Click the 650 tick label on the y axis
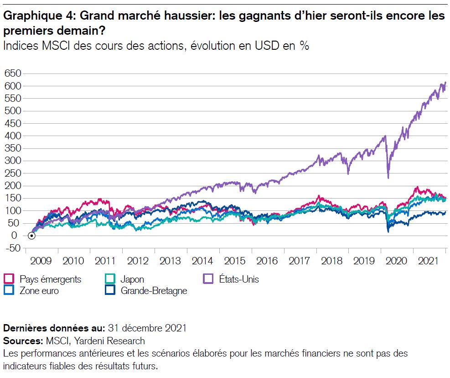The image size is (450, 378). tap(13, 73)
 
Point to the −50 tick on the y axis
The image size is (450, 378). tap(13, 248)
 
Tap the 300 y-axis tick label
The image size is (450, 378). tap(13, 161)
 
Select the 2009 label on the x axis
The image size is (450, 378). tap(41, 261)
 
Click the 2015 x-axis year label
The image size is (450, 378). tap(235, 261)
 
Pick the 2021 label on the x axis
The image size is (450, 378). tap(429, 261)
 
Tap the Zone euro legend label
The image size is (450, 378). tap(39, 290)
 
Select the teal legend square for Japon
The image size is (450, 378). tap(109, 278)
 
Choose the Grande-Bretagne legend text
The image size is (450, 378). tap(154, 290)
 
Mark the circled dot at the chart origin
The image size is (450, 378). tap(31, 236)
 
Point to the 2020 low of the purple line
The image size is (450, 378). tap(388, 178)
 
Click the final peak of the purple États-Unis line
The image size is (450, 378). tap(445, 83)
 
